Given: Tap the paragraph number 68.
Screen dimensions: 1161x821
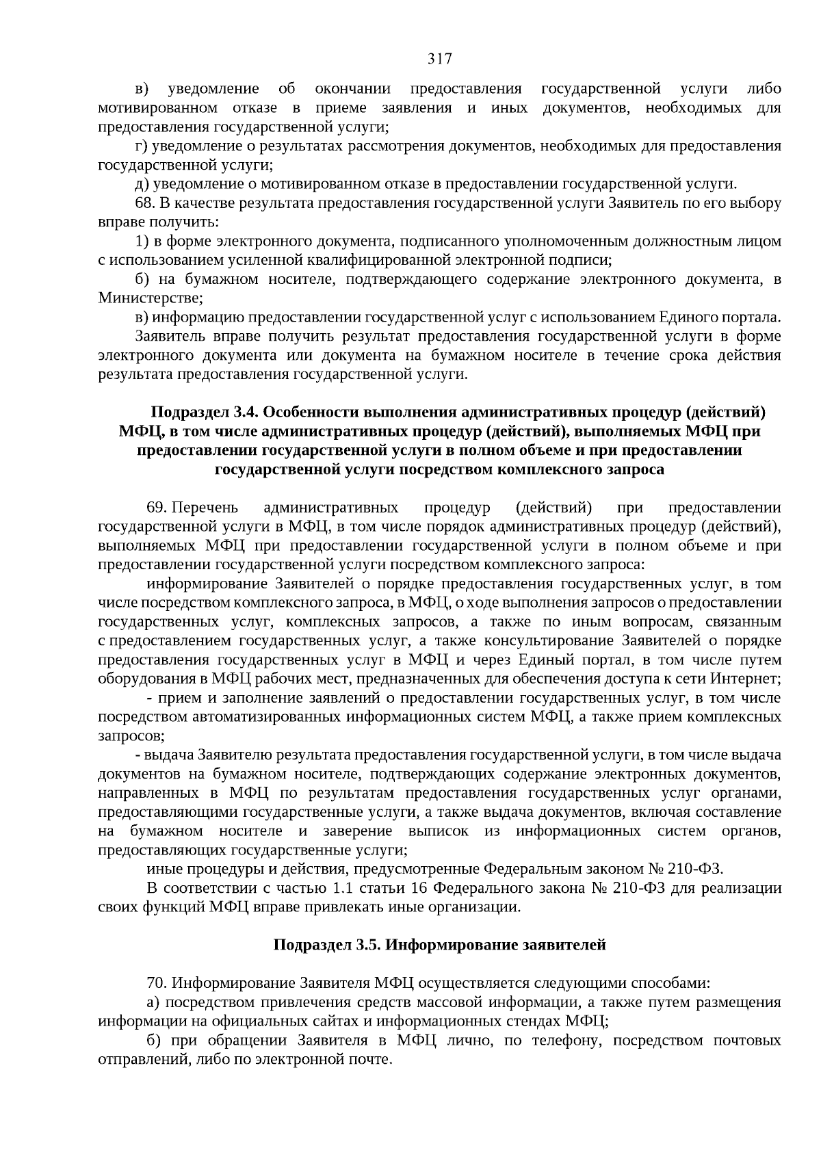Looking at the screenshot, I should (x=146, y=203).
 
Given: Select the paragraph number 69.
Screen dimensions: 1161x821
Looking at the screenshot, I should (x=157, y=508).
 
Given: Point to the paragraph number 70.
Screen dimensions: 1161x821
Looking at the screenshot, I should (x=157, y=983).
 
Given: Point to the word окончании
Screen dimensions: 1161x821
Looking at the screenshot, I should (x=352, y=89).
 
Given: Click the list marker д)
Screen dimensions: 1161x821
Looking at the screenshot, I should (x=142, y=184).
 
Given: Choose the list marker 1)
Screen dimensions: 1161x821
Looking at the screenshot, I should (x=142, y=242).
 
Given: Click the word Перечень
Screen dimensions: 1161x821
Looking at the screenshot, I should (x=205, y=508).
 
